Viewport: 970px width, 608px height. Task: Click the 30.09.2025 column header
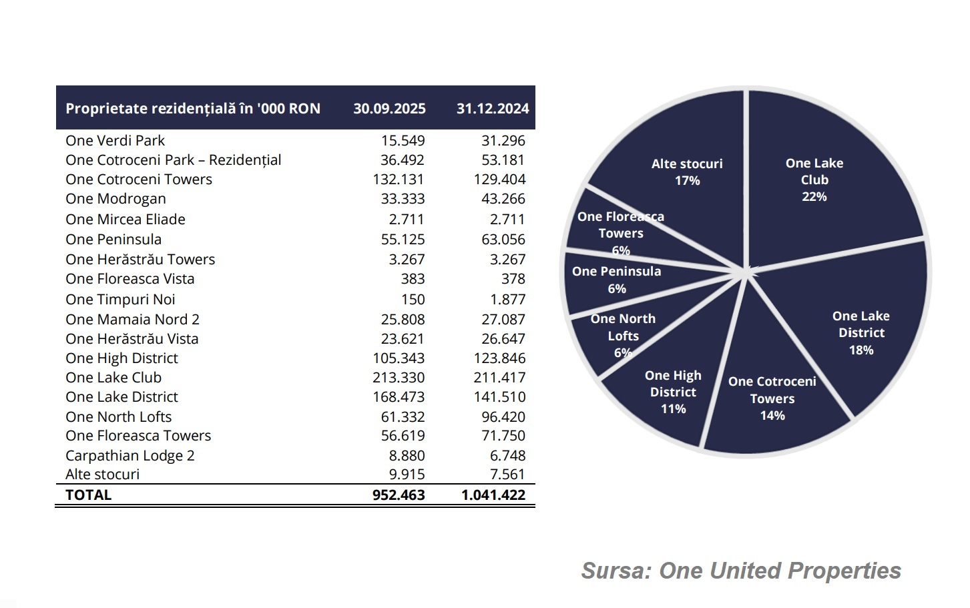[389, 108]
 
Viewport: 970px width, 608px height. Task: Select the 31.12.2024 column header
[493, 108]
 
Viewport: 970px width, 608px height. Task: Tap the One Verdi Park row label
[115, 141]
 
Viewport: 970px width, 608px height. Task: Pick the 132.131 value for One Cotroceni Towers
[399, 180]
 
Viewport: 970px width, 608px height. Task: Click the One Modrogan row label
[115, 199]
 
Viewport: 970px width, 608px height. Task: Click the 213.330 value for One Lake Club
[399, 378]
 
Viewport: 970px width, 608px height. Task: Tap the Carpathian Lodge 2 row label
[130, 456]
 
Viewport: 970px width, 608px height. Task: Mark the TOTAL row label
[89, 495]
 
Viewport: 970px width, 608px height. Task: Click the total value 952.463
[399, 495]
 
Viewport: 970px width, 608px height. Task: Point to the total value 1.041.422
[493, 495]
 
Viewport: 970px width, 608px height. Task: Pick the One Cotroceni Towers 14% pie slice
[772, 398]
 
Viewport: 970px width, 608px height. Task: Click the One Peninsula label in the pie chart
[616, 272]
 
